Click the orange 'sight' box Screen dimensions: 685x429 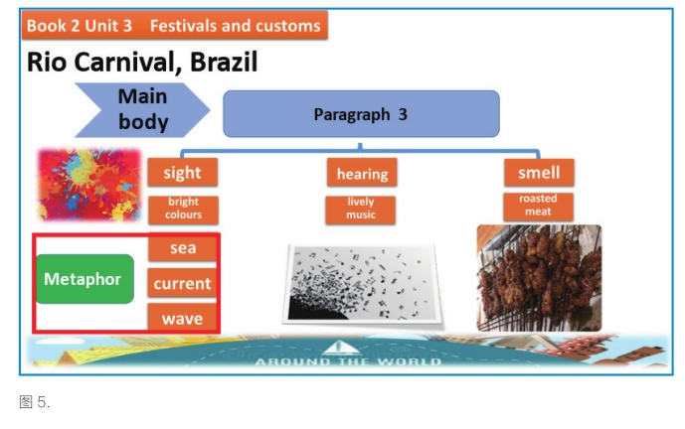183,173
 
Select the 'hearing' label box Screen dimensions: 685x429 362,173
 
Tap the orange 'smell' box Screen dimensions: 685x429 539,173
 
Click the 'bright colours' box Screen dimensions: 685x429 184,210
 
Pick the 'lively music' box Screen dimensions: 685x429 361,210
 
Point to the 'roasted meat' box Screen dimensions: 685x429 538,206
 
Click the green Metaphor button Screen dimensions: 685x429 85,279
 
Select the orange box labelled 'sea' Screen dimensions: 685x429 183,248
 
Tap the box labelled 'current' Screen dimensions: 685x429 182,283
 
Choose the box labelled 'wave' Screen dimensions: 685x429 182,318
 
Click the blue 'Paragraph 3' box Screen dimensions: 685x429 361,114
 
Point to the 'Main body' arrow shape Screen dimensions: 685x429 142,110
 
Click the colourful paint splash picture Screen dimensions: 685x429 89,185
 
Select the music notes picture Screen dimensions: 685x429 362,284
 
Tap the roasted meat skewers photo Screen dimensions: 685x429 539,278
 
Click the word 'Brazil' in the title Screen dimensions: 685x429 224,62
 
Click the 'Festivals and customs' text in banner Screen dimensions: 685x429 236,26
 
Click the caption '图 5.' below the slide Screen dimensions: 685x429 35,402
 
